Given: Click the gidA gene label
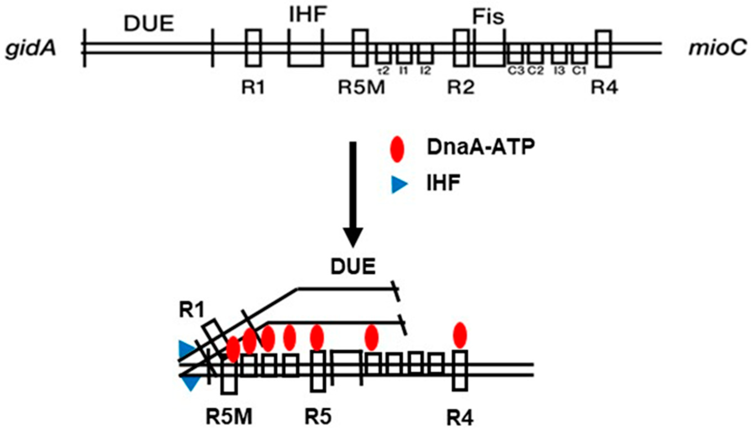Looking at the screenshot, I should click(x=30, y=48).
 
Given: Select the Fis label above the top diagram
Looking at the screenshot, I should click(x=488, y=17).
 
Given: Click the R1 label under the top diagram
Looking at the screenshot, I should click(x=253, y=87).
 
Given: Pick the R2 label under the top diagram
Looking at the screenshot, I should click(x=461, y=87).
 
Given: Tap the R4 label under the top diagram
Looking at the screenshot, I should click(x=604, y=87).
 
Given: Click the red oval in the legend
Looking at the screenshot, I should click(x=397, y=149).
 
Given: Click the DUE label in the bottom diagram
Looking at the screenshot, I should click(x=353, y=267).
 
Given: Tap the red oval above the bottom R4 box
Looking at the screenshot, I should click(x=460, y=335).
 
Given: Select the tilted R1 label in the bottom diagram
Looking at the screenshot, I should click(x=192, y=310).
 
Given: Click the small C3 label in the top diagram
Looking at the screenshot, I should click(x=516, y=71).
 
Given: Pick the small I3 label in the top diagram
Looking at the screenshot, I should click(x=559, y=71).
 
